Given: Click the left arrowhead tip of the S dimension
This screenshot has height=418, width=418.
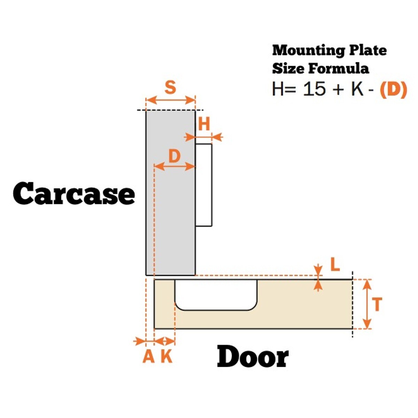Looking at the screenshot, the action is [x=147, y=100].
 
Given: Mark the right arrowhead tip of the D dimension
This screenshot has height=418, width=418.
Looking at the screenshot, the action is [x=195, y=167].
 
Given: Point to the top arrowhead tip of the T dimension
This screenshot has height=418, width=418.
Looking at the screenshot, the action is [x=367, y=280].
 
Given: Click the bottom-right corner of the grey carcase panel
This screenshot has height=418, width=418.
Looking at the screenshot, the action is [x=195, y=275].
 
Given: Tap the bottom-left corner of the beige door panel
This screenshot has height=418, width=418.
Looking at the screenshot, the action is [x=154, y=328].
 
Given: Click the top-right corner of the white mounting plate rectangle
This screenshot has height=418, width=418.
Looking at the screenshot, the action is [x=211, y=144].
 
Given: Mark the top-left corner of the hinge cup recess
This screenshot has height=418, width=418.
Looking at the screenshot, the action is [x=175, y=280].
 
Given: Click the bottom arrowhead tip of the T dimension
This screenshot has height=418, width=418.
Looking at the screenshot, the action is [x=367, y=328].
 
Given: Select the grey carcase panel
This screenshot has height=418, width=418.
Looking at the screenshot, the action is [x=171, y=193].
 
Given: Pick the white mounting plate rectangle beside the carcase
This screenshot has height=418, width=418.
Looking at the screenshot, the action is [x=203, y=185].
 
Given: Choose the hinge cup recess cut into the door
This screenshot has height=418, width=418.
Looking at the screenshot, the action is [x=216, y=295].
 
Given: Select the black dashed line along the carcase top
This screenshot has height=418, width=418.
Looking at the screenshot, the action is [x=170, y=110].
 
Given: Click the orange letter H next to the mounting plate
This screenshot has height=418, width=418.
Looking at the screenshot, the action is [x=204, y=124].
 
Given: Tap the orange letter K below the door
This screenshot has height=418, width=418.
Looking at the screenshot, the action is [x=167, y=357].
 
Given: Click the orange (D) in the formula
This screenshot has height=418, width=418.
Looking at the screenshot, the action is [x=393, y=90].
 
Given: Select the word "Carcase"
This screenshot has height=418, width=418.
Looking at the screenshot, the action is [x=74, y=193].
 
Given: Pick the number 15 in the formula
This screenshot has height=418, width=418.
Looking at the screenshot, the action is [x=314, y=89].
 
